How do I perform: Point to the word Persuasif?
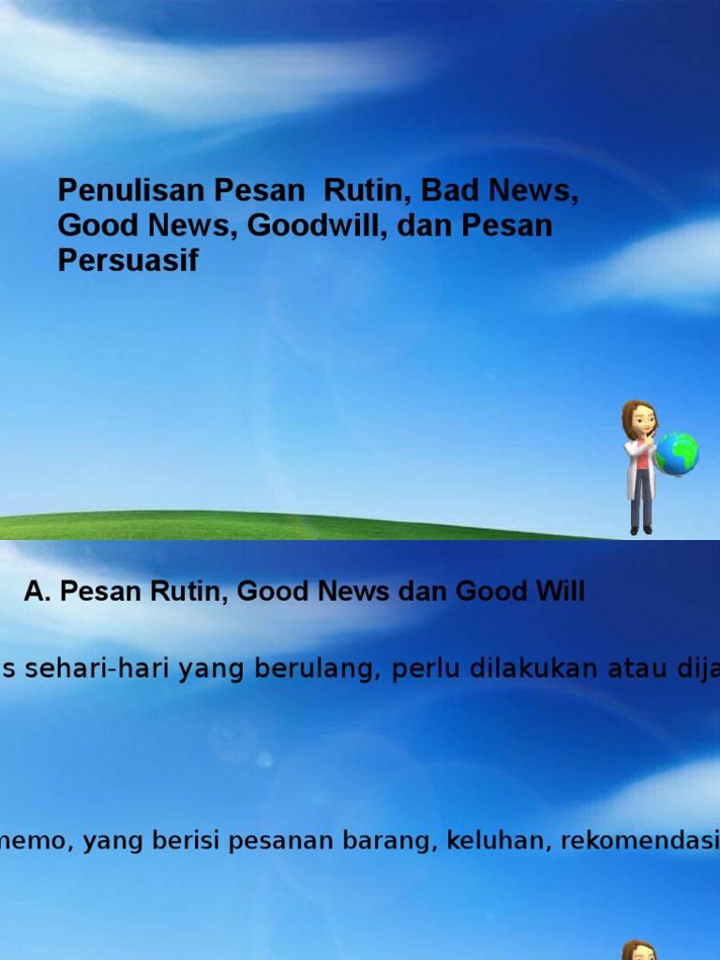(128, 261)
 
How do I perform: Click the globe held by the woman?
(677, 454)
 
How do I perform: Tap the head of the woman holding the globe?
(639, 419)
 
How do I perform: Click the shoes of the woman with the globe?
(641, 530)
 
